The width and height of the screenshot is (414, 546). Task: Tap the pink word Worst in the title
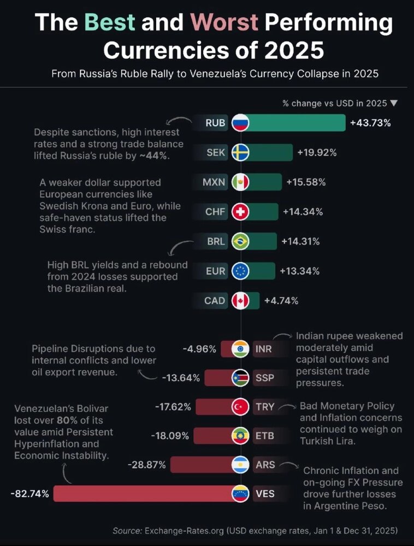tap(225, 23)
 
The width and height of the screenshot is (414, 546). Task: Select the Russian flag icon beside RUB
tap(240, 123)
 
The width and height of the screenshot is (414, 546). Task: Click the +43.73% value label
tap(371, 123)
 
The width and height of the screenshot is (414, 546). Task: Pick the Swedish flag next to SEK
tap(240, 152)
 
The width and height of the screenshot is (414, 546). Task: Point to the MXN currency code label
tap(214, 182)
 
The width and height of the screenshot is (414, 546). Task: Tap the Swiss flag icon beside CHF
tap(240, 211)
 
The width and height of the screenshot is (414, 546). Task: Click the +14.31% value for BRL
tap(300, 241)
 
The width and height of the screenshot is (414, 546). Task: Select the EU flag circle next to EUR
tap(240, 271)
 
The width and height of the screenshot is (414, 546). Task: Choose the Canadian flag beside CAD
tap(240, 300)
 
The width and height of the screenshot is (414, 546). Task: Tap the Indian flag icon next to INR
tap(240, 348)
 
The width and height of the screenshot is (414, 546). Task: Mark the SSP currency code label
tap(265, 377)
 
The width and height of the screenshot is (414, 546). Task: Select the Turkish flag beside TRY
tap(240, 407)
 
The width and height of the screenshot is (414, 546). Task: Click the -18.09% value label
tap(170, 436)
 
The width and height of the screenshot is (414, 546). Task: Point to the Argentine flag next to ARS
tap(240, 465)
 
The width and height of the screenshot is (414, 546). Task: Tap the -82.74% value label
tap(29, 494)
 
